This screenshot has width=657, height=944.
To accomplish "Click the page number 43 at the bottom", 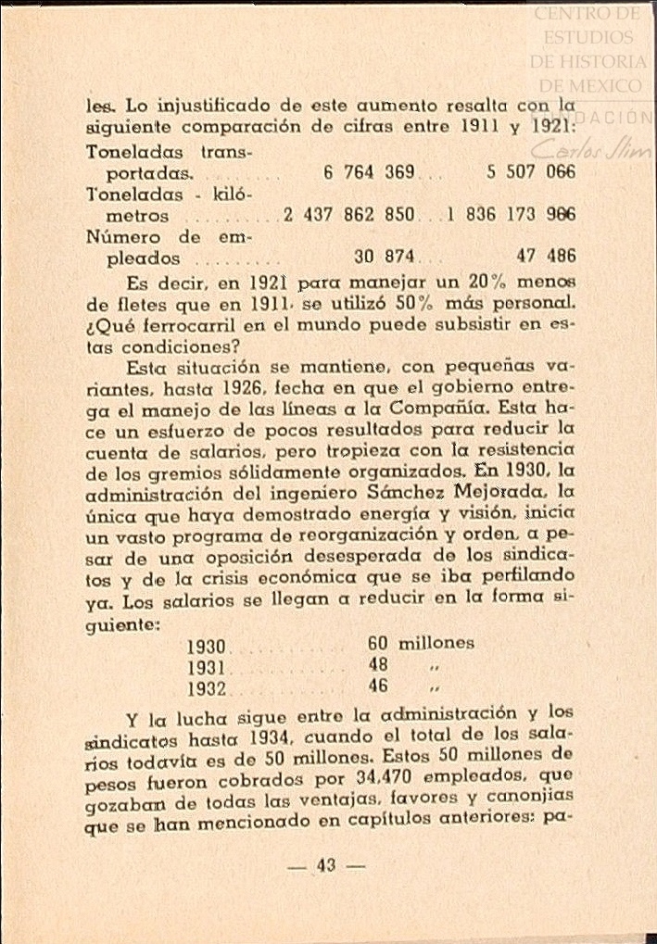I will pos(326,865).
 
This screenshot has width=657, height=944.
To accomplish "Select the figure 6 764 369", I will pos(370,172).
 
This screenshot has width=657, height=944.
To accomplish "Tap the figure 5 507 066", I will pos(531,172).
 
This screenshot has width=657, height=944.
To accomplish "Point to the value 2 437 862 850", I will pos(349,215).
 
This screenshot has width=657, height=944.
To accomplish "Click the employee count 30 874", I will pos(384,257).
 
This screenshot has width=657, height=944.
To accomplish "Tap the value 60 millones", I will pos(421,642).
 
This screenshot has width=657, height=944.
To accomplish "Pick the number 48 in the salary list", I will pos(378,665).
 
